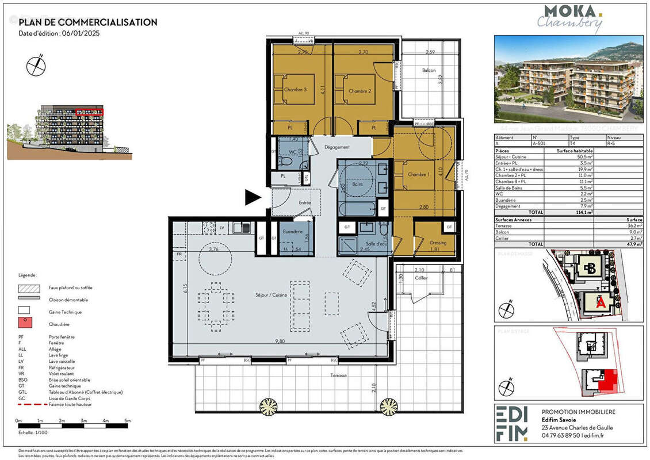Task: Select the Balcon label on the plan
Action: (x=429, y=71)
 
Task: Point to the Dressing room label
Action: (x=438, y=243)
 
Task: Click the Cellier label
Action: (x=422, y=278)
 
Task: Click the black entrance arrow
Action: (x=253, y=198)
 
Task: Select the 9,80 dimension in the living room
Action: (x=280, y=342)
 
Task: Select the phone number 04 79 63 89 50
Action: (x=561, y=436)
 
